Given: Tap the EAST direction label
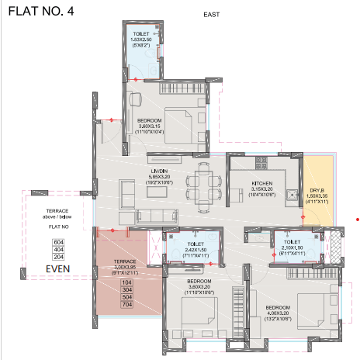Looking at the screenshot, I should (x=211, y=15).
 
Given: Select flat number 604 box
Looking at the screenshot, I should (x=57, y=242).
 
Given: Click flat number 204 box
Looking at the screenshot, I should (x=57, y=256).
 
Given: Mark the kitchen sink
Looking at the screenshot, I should (x=292, y=194).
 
